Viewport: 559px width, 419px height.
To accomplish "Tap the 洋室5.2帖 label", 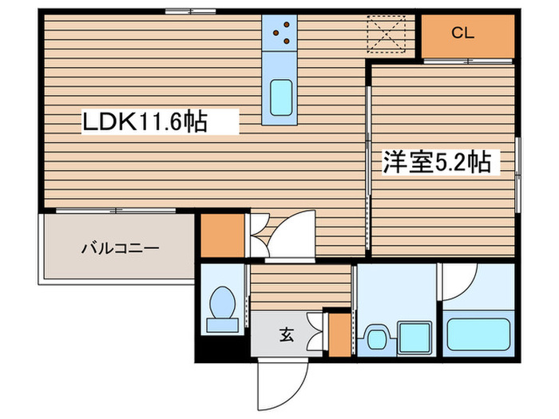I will (435, 162).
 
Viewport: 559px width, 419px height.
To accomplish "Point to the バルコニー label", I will (120, 247).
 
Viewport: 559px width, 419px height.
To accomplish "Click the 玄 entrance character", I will (286, 335).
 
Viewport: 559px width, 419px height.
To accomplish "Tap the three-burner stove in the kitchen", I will (279, 32).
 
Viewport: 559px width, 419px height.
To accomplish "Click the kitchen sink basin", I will (280, 98).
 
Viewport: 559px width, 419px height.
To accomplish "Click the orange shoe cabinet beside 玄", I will (340, 335).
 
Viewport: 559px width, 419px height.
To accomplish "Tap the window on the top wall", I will (191, 11).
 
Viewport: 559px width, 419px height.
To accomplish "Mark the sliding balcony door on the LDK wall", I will (116, 211).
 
